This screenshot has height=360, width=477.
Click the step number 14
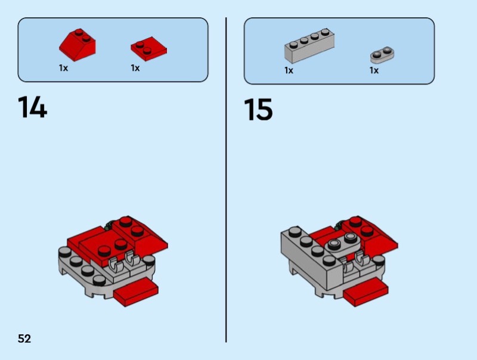32,107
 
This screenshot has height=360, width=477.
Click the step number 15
258,110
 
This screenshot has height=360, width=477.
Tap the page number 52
24,339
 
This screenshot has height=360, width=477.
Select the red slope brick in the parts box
77,44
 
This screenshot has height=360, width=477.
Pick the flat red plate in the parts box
148,48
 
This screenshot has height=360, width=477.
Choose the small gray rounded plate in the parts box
384,54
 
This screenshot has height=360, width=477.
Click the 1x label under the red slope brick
63,68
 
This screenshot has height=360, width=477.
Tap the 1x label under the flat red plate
135,68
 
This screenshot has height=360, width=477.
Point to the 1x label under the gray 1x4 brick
289,70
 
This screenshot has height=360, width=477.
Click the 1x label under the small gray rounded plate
374,70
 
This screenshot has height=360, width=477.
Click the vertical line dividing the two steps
226,179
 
